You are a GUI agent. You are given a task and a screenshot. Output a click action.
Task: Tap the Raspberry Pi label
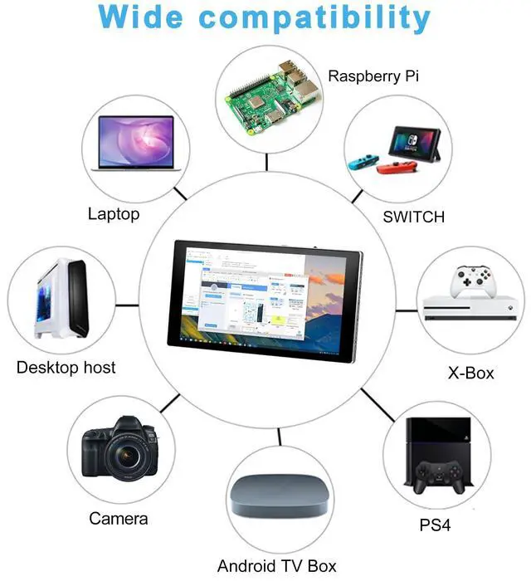click(373, 76)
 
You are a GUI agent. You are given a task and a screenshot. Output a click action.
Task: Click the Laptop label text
click(114, 214)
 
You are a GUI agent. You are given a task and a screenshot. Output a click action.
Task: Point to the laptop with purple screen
click(137, 144)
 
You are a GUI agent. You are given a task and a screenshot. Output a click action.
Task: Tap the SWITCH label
click(413, 217)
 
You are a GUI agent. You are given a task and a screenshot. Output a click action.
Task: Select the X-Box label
click(470, 373)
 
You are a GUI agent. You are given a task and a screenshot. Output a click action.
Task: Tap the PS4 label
click(435, 525)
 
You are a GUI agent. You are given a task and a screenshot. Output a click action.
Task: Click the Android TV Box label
click(276, 566)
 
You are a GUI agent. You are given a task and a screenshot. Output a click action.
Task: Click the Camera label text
click(119, 519)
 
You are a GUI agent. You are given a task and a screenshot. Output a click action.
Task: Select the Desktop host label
click(66, 367)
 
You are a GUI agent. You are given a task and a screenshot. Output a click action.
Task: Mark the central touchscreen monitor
click(265, 302)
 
